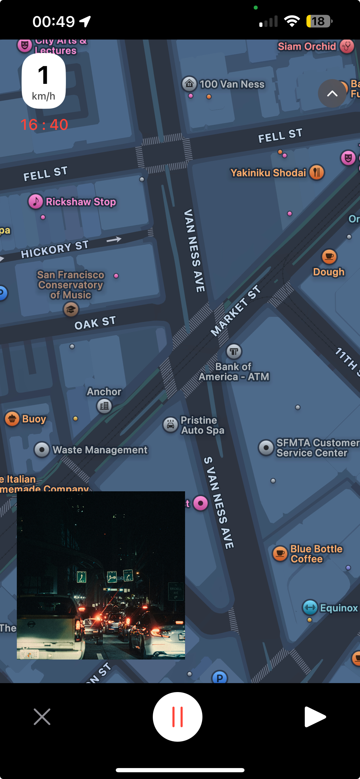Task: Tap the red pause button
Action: coord(177,717)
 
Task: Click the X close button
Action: coord(42,717)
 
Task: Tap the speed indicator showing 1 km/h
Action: coord(44,81)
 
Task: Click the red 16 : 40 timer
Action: coord(44,125)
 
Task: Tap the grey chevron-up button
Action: coord(332,93)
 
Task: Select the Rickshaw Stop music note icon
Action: coord(36,201)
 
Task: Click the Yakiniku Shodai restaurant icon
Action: coord(317,172)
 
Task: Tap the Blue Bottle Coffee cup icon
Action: coord(280,554)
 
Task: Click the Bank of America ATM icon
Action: coord(234,351)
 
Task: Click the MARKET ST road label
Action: coord(236,311)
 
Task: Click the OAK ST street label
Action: coord(95,323)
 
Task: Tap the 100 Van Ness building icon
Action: coord(190,84)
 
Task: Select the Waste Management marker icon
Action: coord(42,450)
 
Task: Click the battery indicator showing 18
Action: coord(319,21)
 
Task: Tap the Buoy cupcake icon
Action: coord(12,419)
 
